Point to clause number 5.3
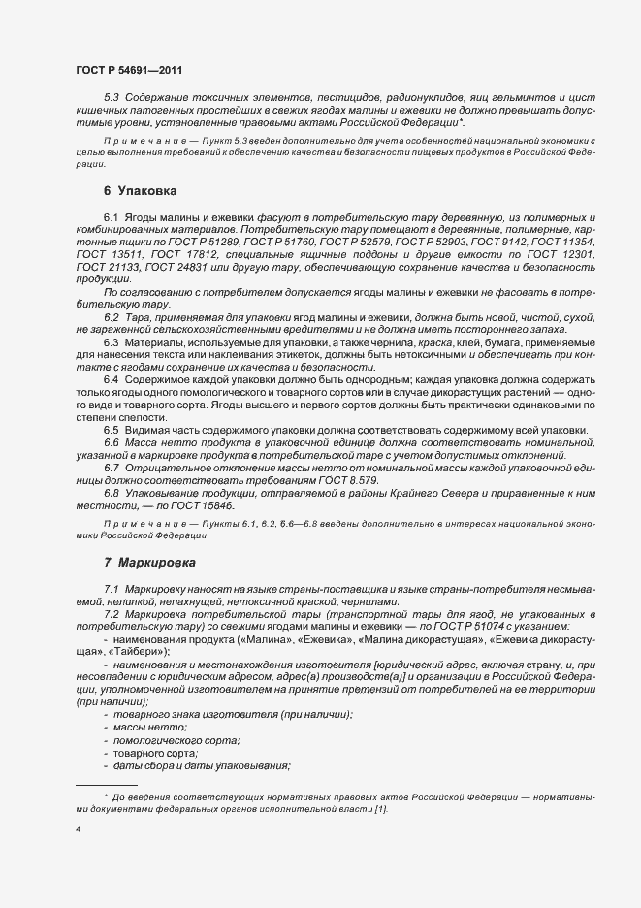[110, 99]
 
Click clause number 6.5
[111, 430]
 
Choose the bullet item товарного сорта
[155, 754]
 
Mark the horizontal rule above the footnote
[106, 784]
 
